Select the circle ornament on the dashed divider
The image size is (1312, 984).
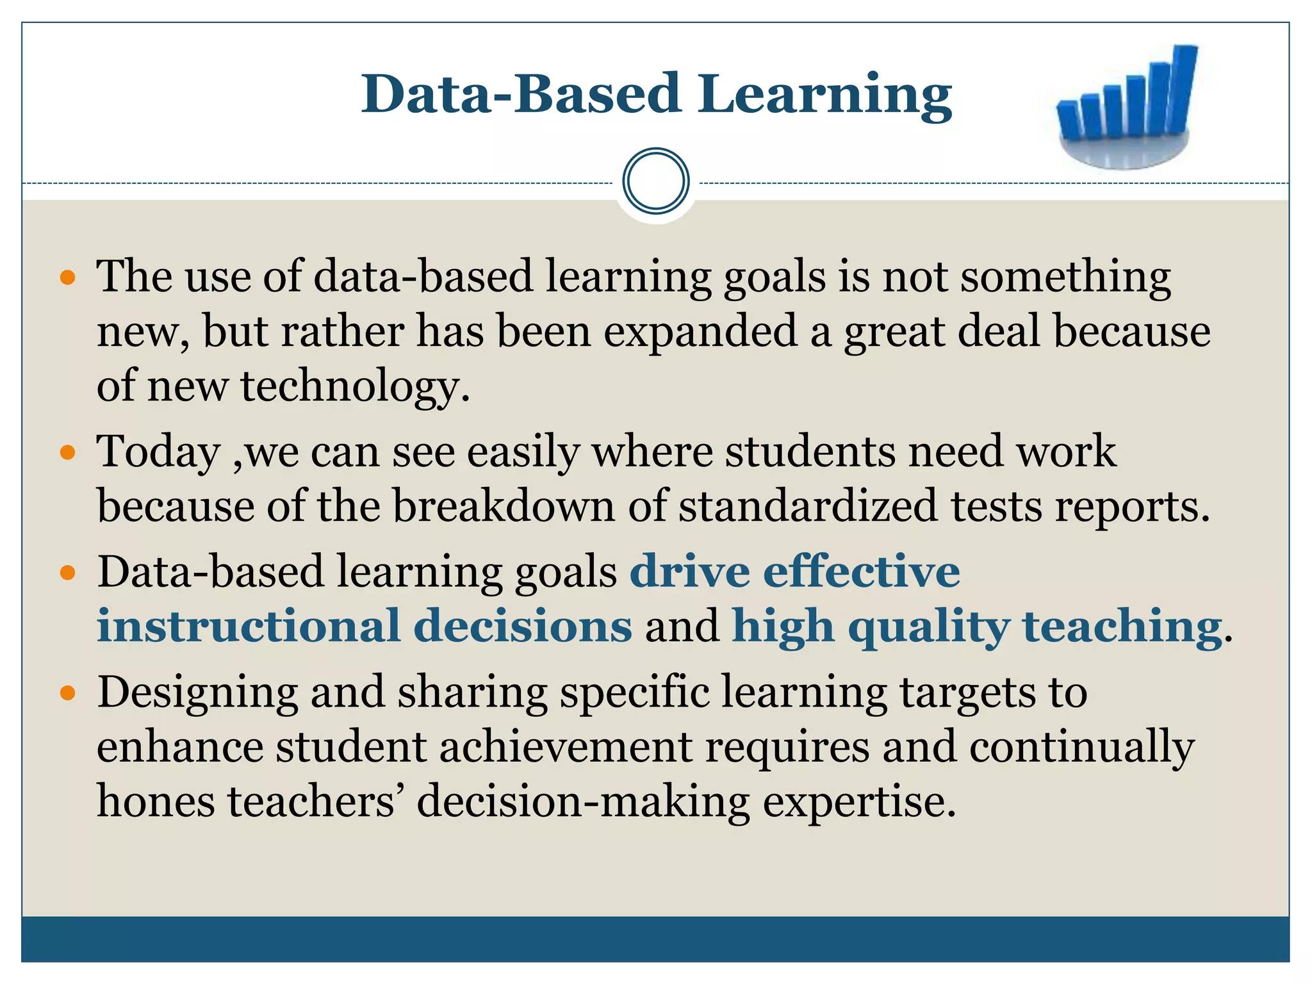coord(655,181)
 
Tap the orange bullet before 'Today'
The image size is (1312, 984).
coord(67,454)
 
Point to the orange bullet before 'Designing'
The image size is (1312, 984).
coord(67,694)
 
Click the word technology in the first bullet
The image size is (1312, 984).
coord(356,388)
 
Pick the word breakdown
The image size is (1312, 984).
coord(504,507)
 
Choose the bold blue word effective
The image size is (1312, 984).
coord(861,571)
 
